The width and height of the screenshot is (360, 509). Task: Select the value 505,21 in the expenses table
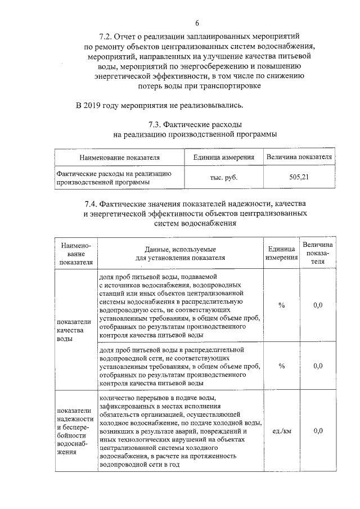tap(299, 178)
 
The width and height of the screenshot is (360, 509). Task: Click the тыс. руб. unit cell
tap(220, 178)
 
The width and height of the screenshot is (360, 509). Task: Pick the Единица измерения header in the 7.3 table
tap(220, 157)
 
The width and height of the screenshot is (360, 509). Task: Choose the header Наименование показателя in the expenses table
tap(119, 157)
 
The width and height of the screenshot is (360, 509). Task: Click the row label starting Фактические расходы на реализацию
tap(119, 178)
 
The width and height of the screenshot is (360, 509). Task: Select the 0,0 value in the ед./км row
tap(318, 431)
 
